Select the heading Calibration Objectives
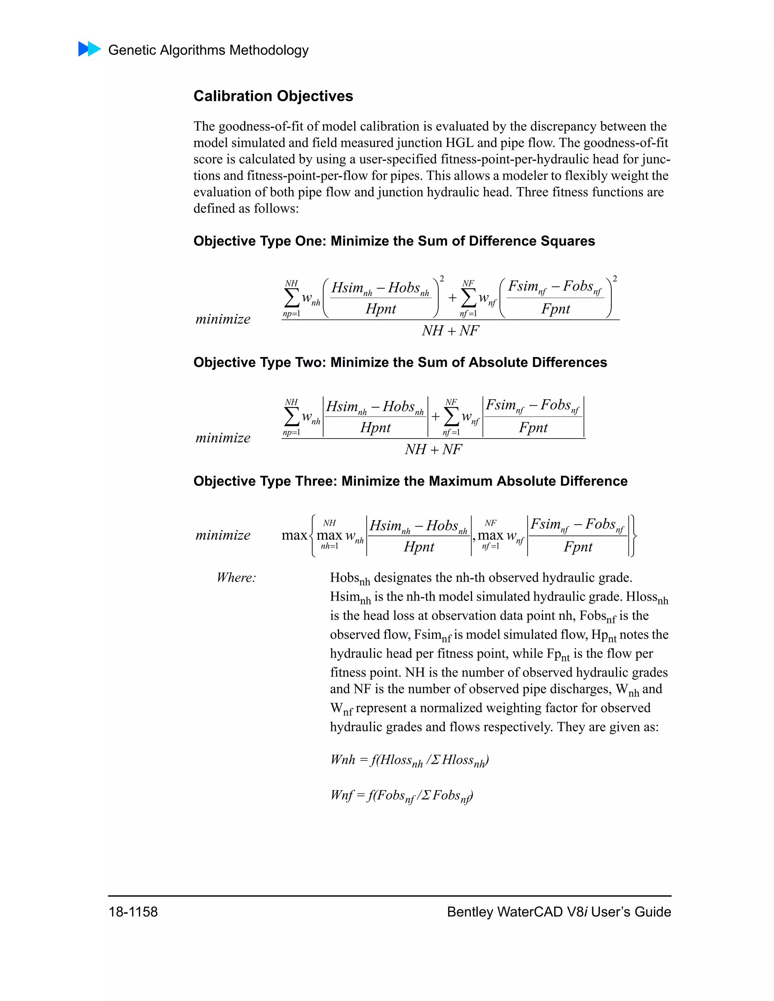(x=273, y=96)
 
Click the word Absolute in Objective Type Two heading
(x=495, y=362)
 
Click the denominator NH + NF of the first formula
(x=450, y=331)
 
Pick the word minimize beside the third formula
(x=223, y=535)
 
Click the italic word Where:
(x=236, y=578)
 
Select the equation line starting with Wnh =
(x=409, y=760)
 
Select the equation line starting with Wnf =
(x=402, y=796)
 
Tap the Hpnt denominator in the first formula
(x=381, y=309)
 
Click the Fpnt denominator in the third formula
(x=578, y=547)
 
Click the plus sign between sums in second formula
(x=435, y=417)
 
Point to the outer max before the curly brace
(x=294, y=535)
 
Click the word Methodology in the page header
(x=269, y=50)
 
